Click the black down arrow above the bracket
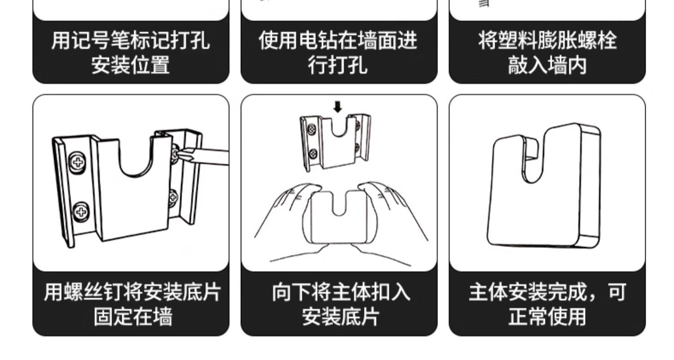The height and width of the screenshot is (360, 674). (x=338, y=107)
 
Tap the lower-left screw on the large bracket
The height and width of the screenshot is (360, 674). (x=81, y=210)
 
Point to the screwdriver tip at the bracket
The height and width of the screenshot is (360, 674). (x=180, y=154)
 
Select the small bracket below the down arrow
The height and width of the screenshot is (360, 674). (x=335, y=142)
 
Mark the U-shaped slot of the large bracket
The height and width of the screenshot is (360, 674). (x=133, y=157)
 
